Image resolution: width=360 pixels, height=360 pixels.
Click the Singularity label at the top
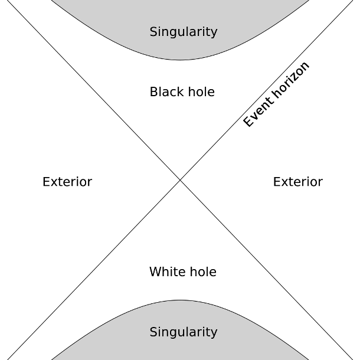tap(184, 32)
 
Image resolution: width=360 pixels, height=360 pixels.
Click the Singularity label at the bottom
tap(184, 332)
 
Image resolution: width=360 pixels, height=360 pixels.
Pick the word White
tap(166, 272)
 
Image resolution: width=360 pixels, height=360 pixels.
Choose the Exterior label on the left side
tap(67, 182)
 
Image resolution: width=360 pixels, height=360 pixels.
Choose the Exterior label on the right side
tap(297, 182)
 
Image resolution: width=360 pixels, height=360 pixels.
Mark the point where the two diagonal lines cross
tap(180, 180)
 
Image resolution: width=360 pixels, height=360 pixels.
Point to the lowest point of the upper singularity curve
tap(180, 60)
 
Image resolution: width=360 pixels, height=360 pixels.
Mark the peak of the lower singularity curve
tap(180, 300)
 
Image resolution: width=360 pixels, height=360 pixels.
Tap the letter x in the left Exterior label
tap(54, 182)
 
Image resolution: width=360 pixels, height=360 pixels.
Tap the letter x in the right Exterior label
tap(284, 182)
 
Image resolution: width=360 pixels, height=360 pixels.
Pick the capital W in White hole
tap(155, 272)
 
